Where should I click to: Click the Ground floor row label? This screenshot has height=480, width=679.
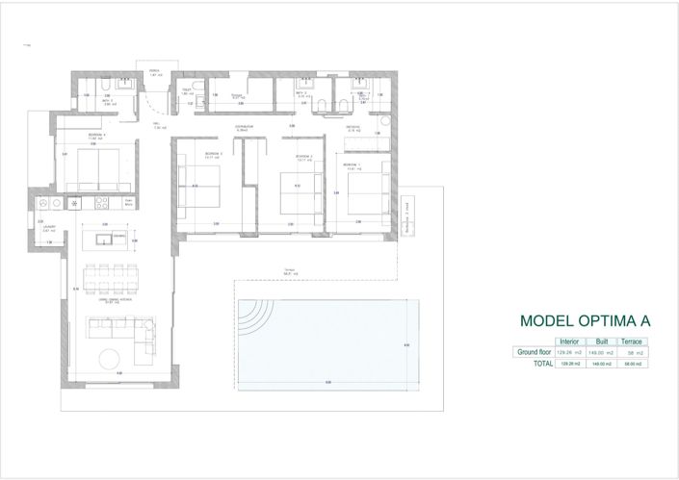pos(532,353)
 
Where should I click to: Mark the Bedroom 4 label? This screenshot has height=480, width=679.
pos(96,135)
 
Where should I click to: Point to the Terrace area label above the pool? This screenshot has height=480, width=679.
pos(288,272)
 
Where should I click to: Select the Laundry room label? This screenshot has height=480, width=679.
pos(48,228)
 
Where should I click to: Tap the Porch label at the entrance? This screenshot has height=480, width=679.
pos(154,72)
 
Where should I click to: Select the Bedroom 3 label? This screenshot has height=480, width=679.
pos(214,154)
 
